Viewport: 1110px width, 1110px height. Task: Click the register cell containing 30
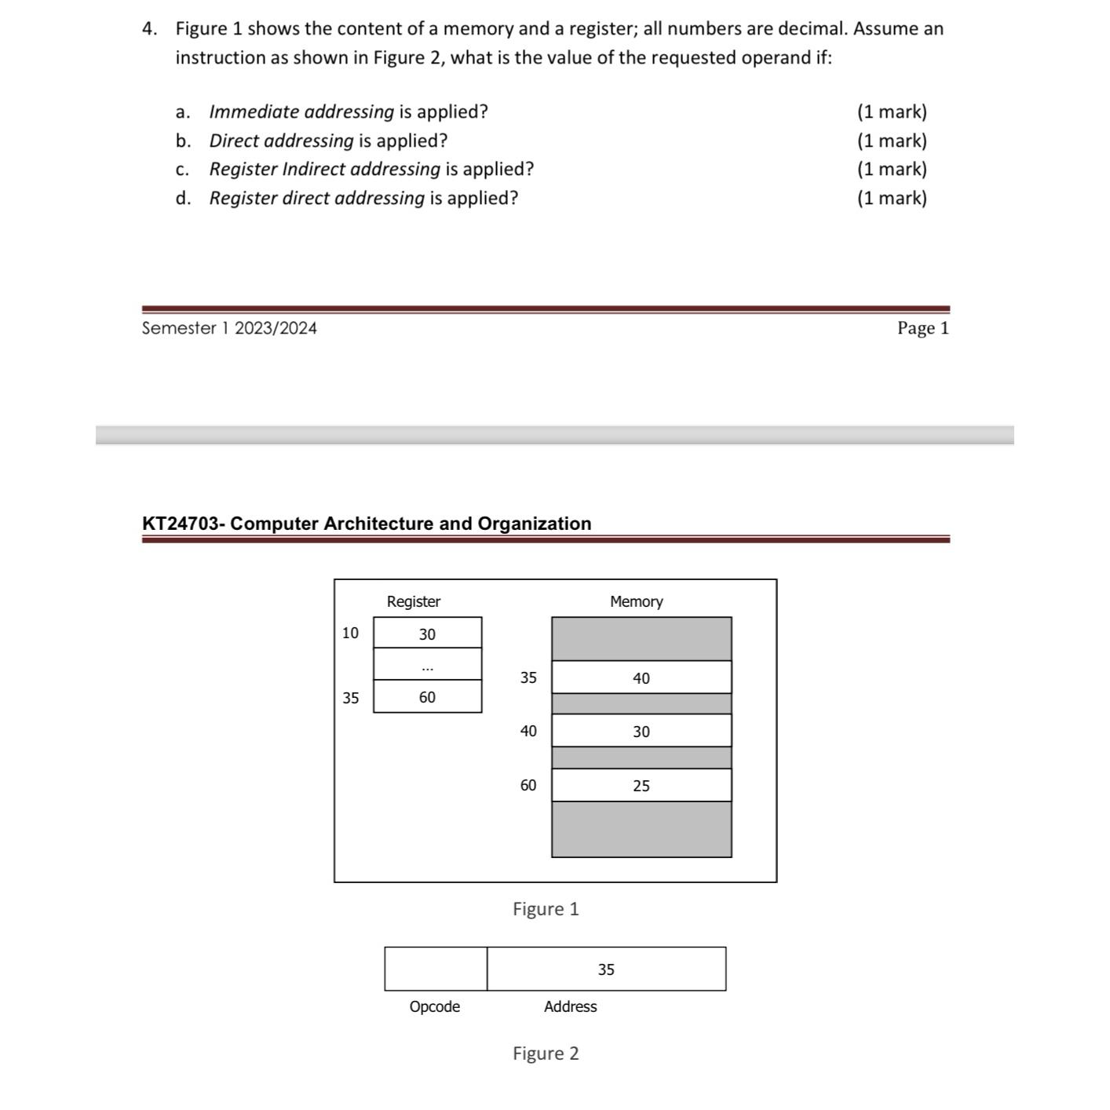click(427, 634)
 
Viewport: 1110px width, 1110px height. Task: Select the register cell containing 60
click(427, 697)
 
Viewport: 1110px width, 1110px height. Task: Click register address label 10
click(350, 633)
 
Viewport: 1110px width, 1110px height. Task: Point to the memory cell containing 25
click(641, 785)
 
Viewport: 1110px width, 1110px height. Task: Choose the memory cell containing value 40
click(641, 677)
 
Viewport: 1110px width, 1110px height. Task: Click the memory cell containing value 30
click(641, 731)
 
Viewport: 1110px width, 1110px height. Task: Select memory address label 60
click(528, 785)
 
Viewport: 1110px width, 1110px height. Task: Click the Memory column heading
click(636, 601)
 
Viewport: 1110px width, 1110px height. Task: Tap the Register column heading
click(413, 601)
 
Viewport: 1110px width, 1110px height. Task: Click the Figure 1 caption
click(546, 909)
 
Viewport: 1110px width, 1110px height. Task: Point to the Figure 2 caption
click(546, 1053)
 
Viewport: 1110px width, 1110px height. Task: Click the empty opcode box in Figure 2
click(436, 969)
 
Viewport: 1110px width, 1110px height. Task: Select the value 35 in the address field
click(606, 969)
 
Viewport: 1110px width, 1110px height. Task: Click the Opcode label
click(434, 1006)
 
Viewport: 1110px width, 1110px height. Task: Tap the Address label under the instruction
click(570, 1006)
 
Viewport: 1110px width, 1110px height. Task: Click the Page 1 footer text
click(923, 328)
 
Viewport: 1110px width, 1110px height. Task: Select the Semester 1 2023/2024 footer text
click(229, 328)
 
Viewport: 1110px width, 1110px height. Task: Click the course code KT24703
click(181, 524)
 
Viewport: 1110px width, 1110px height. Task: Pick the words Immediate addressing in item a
click(301, 111)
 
